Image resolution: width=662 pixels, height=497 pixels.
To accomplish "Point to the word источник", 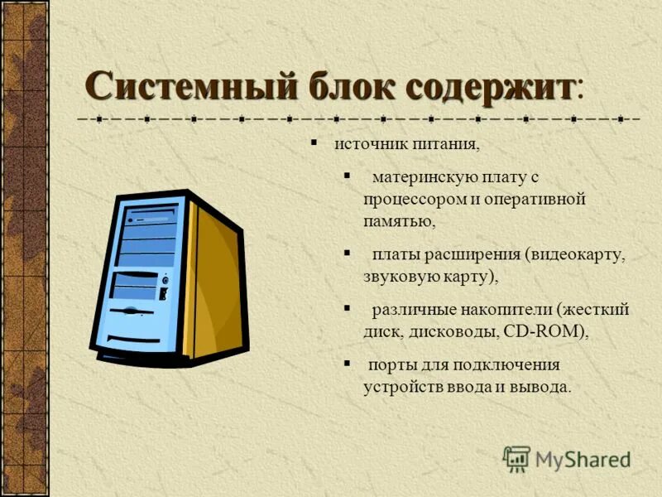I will click(366, 146).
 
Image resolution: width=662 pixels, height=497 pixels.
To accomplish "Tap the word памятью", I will click(398, 222).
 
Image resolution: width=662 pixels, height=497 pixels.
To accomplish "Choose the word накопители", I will click(503, 309).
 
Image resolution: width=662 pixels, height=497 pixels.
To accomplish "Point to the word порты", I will click(393, 364).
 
